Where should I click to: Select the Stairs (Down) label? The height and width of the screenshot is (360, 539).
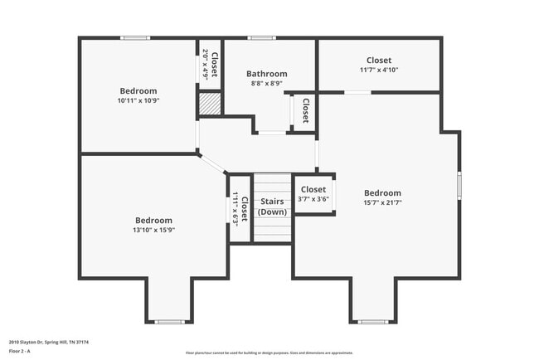pos(272,207)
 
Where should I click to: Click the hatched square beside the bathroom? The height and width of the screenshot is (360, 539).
pos(209,104)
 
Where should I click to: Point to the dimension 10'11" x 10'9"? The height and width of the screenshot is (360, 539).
pos(138,100)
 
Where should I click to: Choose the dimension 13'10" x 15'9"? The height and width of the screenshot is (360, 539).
pos(154,230)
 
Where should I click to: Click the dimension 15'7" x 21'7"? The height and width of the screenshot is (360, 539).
pos(382,202)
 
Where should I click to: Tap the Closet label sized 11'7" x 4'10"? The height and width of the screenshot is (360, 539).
pos(379,61)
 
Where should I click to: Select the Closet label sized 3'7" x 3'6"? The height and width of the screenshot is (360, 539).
pos(313,190)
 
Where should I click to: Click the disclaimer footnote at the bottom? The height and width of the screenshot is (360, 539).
pos(269,353)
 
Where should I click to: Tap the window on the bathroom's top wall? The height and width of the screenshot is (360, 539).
pos(262,37)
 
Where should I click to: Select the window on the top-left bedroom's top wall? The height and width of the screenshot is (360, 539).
pos(135,37)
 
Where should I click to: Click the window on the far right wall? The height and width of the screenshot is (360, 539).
pos(459,184)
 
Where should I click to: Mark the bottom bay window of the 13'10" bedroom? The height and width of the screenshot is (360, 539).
pos(169,321)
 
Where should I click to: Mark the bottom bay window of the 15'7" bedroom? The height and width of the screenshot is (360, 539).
pos(371,321)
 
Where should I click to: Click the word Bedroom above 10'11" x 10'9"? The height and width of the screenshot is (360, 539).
pos(138,91)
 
